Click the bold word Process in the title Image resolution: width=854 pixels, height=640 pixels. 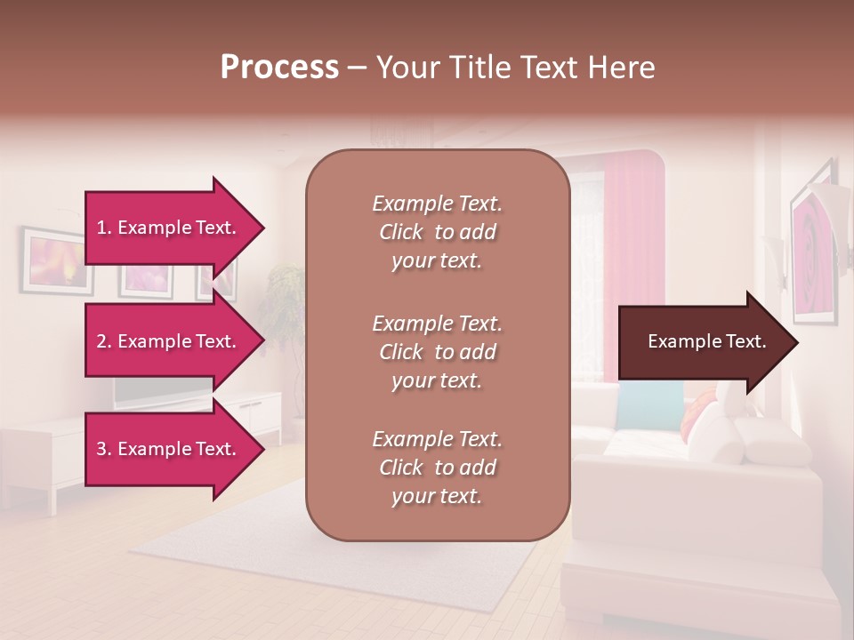(279, 68)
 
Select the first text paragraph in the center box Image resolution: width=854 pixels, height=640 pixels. (437, 232)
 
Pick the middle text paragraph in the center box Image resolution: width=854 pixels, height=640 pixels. (437, 352)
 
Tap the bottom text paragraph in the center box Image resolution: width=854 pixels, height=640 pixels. (437, 468)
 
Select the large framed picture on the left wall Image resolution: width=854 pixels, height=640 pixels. (56, 260)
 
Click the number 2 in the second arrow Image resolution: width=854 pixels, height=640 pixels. (101, 341)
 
